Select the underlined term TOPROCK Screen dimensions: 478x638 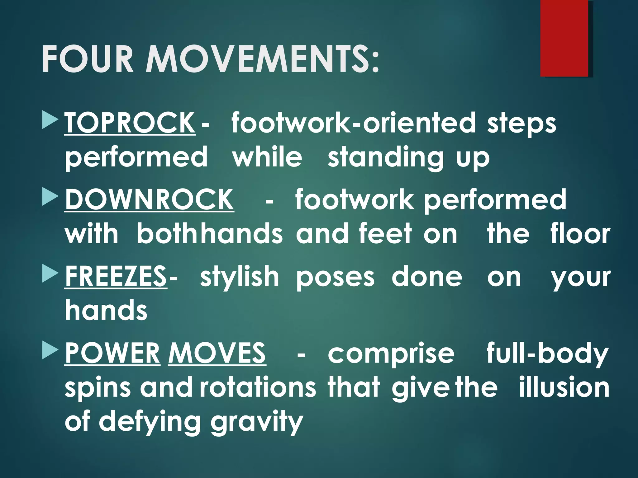(130, 123)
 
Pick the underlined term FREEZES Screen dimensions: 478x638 (116, 276)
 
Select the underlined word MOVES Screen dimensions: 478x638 (217, 353)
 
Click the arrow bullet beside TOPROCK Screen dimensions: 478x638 (50, 122)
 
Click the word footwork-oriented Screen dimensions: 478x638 (354, 123)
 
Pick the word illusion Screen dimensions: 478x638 (564, 388)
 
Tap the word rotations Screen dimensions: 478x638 (258, 388)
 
